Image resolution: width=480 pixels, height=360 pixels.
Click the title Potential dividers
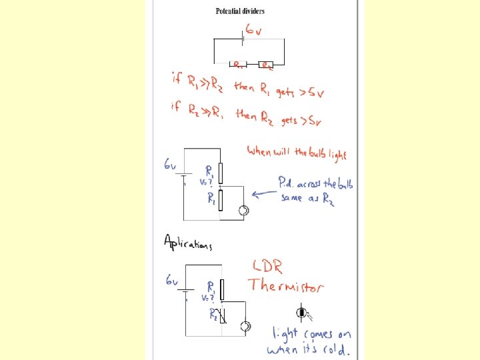(x=240, y=11)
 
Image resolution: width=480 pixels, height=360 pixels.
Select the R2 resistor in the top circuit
(x=266, y=65)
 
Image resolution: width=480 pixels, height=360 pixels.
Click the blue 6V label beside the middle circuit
(x=171, y=165)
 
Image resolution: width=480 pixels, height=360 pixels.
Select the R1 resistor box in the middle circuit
(x=221, y=175)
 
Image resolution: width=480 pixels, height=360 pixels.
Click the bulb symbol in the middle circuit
(x=243, y=211)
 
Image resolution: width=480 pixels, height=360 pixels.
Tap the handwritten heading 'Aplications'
(x=187, y=243)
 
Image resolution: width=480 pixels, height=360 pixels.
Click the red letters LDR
(x=266, y=267)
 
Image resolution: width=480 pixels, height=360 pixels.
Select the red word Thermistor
(x=286, y=287)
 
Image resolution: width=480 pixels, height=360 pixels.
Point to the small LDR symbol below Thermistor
(x=303, y=312)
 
